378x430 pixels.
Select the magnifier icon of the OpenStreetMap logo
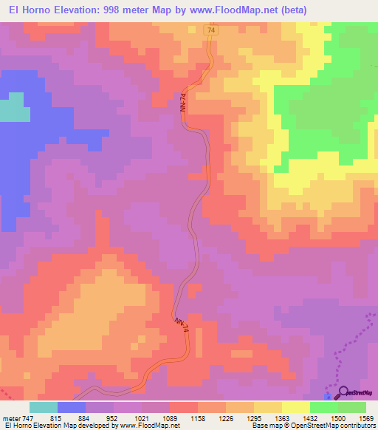coord(342,394)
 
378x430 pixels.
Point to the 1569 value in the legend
coord(367,417)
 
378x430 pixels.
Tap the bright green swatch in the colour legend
coord(324,407)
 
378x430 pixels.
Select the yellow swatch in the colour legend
coord(296,407)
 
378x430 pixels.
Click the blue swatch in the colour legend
coord(72,407)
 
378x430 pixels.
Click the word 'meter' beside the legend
coord(9,417)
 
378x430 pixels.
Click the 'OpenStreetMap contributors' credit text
coord(331,426)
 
